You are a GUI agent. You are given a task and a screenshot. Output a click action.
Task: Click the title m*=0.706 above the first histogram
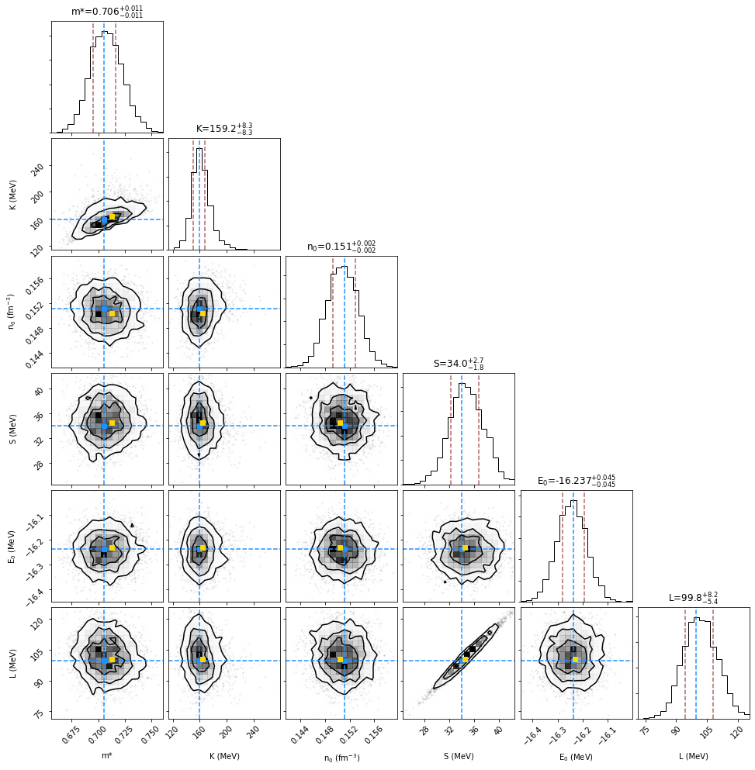(107, 11)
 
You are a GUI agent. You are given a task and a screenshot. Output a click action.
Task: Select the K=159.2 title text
(224, 128)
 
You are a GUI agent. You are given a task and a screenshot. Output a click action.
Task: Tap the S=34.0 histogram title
(459, 362)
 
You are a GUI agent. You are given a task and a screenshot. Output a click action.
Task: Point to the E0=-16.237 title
(577, 480)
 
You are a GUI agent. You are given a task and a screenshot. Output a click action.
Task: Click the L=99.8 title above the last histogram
(694, 597)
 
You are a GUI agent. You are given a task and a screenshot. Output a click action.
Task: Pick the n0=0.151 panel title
(341, 246)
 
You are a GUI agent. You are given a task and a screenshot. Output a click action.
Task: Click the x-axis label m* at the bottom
(107, 756)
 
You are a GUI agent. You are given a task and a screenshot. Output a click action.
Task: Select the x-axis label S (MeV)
(459, 756)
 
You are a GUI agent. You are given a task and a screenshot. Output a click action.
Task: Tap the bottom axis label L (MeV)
(694, 756)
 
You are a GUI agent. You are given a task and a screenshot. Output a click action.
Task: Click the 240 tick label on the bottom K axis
(251, 733)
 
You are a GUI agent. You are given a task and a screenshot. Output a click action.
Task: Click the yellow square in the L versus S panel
(466, 660)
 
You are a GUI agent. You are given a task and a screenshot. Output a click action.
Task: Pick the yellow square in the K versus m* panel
(113, 217)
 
